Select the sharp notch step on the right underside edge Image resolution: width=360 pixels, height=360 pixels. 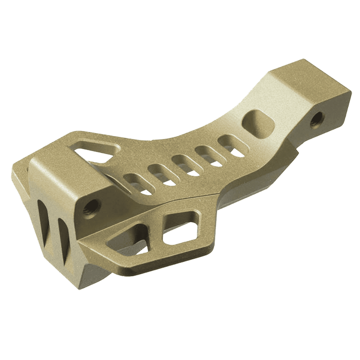[x=295, y=154]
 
